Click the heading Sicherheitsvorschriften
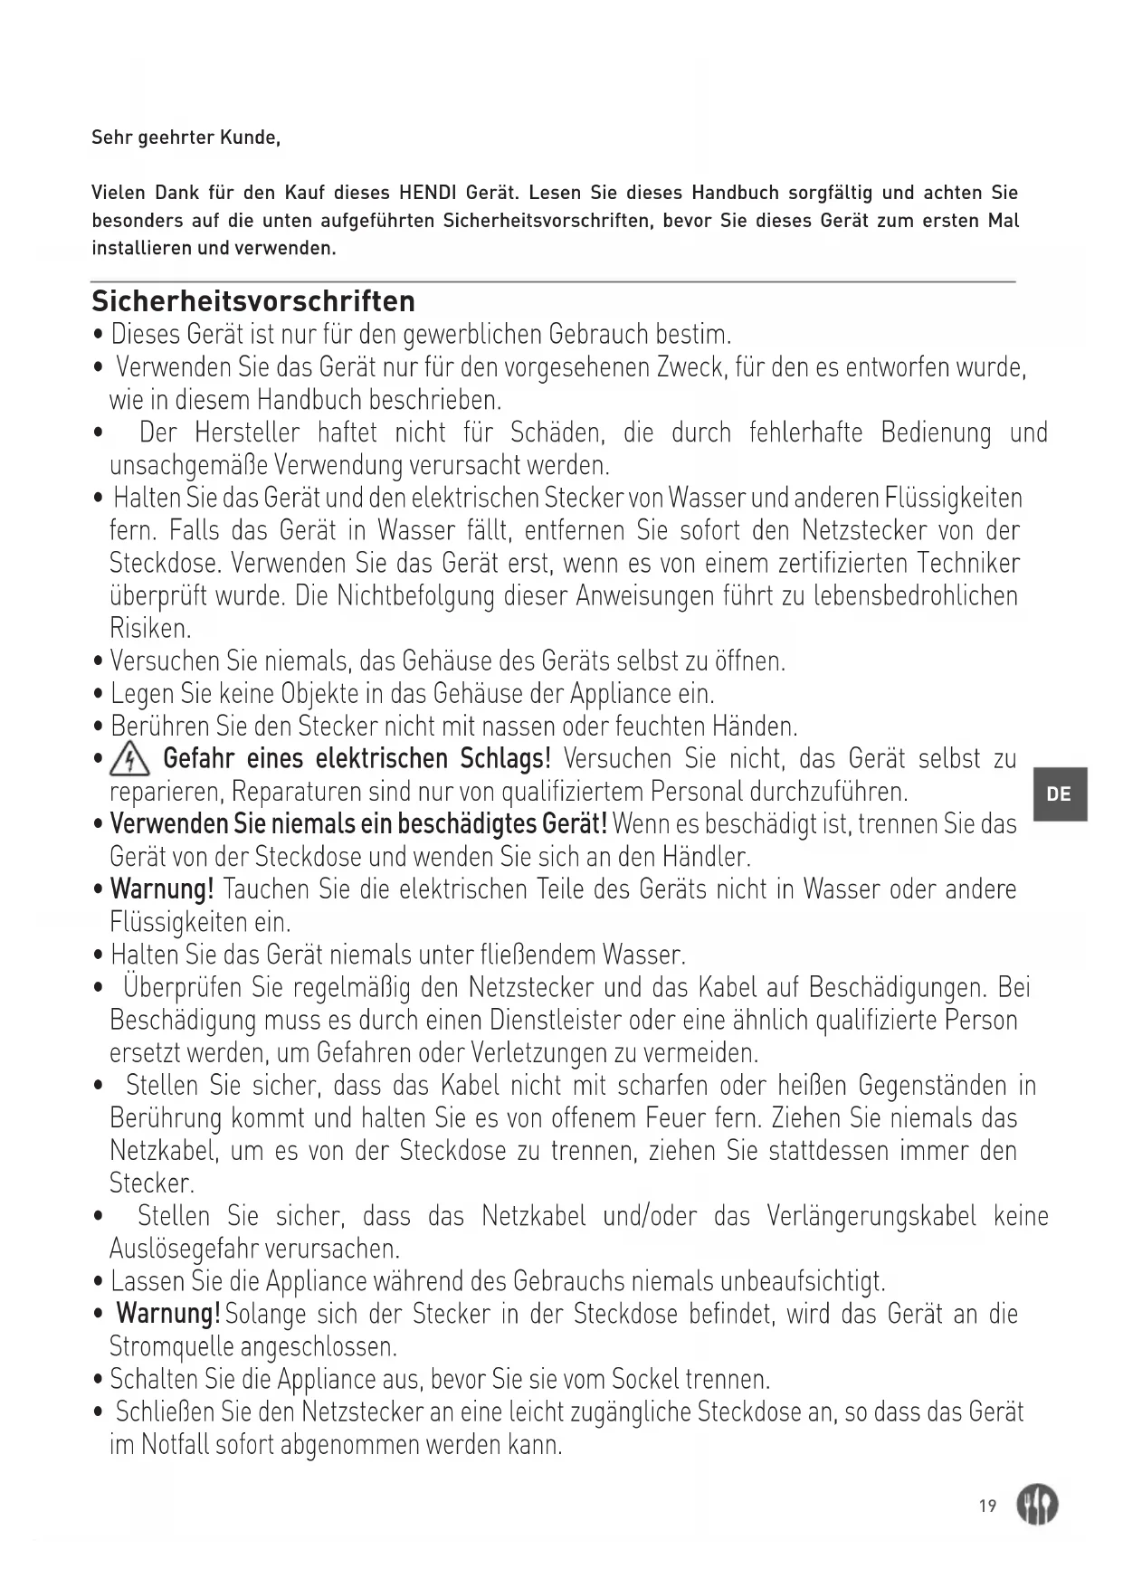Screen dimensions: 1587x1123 click(x=253, y=300)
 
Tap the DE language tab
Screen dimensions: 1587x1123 click(x=1058, y=794)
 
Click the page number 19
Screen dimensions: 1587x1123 click(x=987, y=1506)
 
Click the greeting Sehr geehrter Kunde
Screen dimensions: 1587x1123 click(x=186, y=138)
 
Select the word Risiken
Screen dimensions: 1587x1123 click(x=149, y=629)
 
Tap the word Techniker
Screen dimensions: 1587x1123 click(x=967, y=564)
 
